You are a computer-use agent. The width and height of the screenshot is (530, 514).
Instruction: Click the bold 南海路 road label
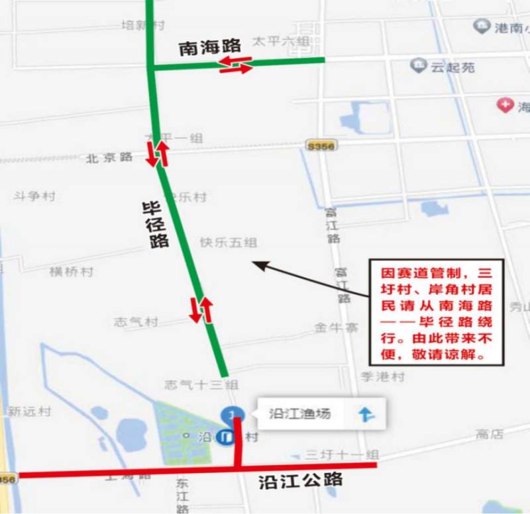tap(209, 47)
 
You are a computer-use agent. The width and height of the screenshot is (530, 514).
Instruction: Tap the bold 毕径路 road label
tap(156, 225)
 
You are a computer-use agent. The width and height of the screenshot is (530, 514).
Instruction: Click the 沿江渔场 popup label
tap(299, 414)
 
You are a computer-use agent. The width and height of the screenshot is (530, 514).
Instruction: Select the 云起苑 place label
tap(453, 67)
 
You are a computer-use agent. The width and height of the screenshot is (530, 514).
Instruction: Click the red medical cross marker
tap(505, 105)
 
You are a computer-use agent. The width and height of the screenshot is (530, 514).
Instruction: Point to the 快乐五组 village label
tap(229, 243)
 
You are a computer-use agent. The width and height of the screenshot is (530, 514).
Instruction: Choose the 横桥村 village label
tap(72, 272)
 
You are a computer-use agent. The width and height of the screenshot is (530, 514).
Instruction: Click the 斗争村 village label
tap(34, 196)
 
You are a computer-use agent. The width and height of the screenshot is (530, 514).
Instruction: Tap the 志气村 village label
tap(136, 322)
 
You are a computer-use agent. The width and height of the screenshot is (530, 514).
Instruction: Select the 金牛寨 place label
tap(337, 327)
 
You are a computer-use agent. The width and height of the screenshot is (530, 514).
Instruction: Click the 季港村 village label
tap(382, 376)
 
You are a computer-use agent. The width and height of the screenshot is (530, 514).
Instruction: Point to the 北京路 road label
tap(110, 158)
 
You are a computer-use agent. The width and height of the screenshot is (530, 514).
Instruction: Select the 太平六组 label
tap(281, 42)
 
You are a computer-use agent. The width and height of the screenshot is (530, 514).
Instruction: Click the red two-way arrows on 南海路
tap(236, 65)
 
